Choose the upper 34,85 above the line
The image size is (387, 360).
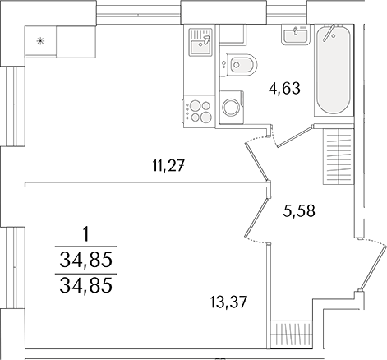pos(85,261)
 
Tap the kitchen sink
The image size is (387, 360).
pos(200,40)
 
